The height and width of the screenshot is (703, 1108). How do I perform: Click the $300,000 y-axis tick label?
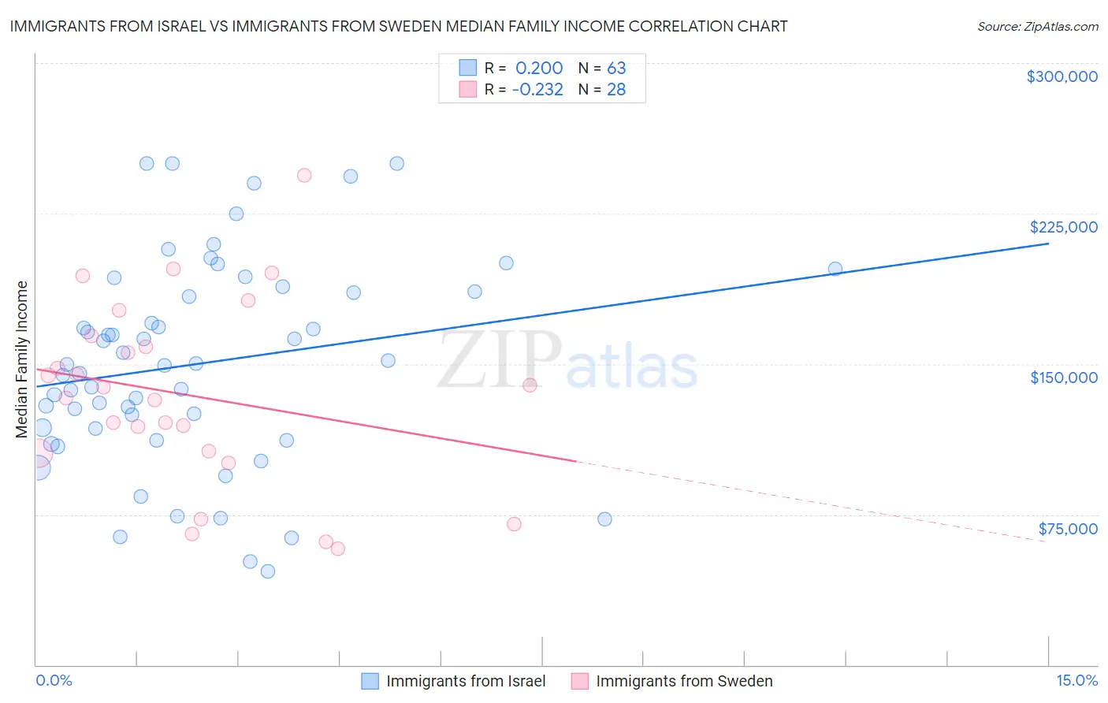[x=1062, y=76]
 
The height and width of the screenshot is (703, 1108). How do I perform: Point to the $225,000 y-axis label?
[x=1063, y=227]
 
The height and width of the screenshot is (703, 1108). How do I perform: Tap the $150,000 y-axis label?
[x=1063, y=378]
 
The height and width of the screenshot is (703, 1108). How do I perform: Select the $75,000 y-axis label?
[x=1067, y=529]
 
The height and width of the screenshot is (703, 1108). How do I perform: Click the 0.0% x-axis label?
[x=54, y=681]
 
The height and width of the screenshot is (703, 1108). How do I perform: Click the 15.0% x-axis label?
[x=1076, y=681]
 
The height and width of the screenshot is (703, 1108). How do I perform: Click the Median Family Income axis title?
[x=22, y=359]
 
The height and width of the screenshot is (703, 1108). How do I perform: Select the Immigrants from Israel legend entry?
[x=465, y=681]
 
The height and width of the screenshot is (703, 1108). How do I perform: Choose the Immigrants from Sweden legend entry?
[x=683, y=681]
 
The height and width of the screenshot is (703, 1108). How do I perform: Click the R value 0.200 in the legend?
[x=539, y=69]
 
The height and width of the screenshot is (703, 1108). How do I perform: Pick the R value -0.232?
[x=537, y=90]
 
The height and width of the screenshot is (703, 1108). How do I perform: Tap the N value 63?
[x=616, y=69]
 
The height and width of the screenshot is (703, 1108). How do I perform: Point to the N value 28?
[x=616, y=90]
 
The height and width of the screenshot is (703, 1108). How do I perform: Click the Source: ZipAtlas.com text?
[x=1037, y=27]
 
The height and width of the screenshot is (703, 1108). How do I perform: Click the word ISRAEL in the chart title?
[x=168, y=27]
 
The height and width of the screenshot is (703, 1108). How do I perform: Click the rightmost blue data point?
[x=835, y=269]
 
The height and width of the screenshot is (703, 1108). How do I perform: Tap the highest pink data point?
[x=304, y=175]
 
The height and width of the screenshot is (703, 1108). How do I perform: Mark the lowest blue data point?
[x=268, y=571]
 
